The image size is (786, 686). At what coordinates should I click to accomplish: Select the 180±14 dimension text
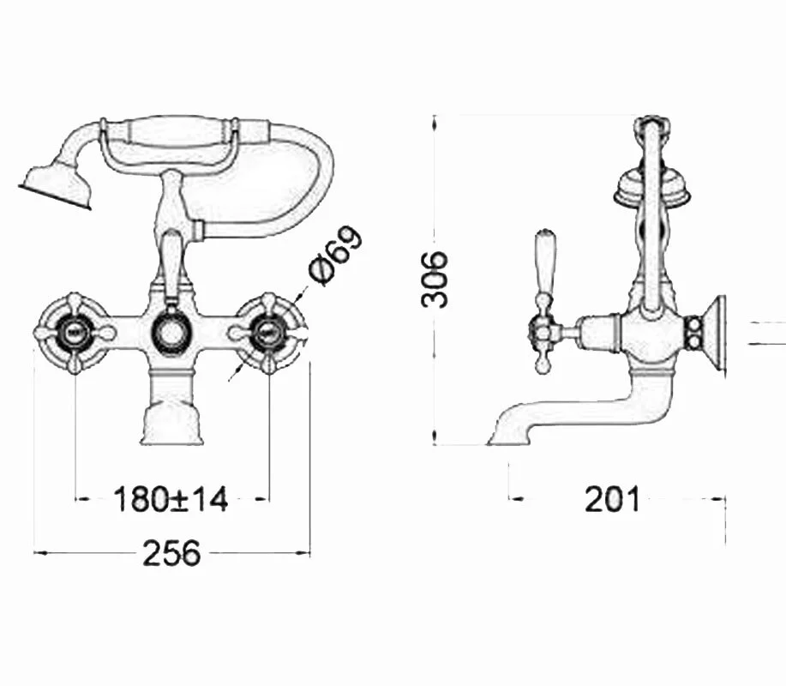(x=171, y=499)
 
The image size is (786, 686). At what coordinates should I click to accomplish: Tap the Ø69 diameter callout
(x=335, y=256)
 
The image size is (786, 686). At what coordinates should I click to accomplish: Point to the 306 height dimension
(x=434, y=280)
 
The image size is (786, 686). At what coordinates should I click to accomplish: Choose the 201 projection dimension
(x=613, y=499)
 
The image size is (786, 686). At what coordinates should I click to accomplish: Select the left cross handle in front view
(x=75, y=331)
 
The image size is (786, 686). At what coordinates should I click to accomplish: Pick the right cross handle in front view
(x=269, y=331)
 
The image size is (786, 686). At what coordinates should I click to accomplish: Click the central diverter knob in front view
(x=171, y=332)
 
